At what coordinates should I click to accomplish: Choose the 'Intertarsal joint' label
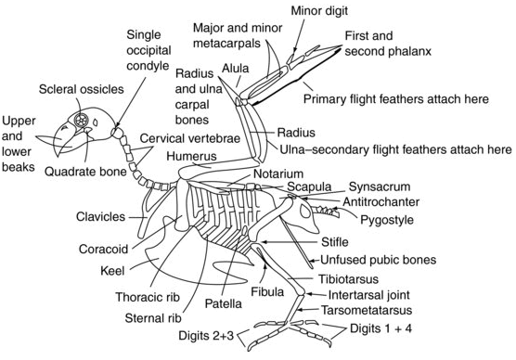(x=368, y=293)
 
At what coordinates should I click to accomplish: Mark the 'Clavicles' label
(x=101, y=216)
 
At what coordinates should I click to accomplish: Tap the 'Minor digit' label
(x=315, y=10)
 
